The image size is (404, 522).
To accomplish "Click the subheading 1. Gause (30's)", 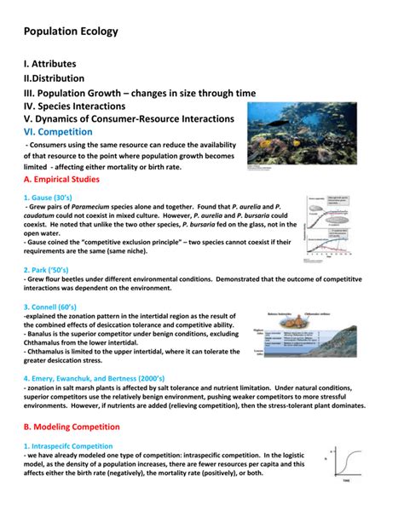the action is [56, 198].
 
